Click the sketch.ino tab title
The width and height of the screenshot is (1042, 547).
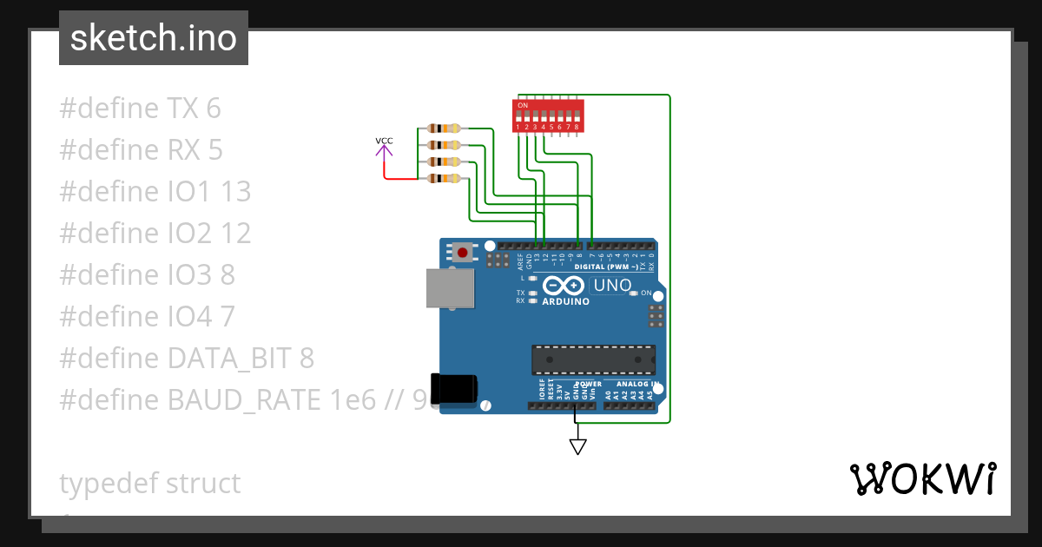(154, 38)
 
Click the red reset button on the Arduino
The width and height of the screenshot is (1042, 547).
(463, 253)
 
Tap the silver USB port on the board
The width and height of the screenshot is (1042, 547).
(450, 287)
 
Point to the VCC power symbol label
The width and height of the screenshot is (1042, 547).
(384, 141)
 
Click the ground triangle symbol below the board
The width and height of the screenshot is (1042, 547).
(577, 446)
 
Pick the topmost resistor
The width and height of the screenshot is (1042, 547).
(444, 129)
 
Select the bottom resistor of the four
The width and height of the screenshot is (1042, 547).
(444, 179)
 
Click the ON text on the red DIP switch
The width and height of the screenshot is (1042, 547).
(523, 105)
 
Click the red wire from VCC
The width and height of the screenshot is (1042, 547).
(401, 179)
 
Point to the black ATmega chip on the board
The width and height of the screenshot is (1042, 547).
(593, 358)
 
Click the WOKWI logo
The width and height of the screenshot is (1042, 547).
(922, 479)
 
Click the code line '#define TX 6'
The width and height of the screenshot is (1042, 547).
(140, 109)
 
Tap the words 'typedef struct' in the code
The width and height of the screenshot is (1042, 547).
(150, 484)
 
